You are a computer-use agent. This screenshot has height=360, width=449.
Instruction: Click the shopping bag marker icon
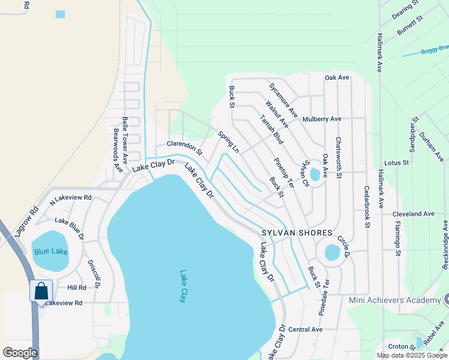(x=41, y=292)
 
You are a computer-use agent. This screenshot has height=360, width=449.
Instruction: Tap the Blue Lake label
(x=50, y=251)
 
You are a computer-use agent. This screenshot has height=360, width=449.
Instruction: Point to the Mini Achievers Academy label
(x=395, y=300)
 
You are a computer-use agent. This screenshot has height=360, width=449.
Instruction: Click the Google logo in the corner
(x=20, y=352)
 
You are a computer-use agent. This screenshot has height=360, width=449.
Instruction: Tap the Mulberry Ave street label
(x=322, y=119)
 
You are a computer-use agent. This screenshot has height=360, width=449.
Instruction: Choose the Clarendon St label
(x=184, y=145)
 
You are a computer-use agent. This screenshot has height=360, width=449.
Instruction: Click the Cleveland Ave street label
(x=413, y=214)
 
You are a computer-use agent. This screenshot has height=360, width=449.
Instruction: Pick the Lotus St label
(x=396, y=163)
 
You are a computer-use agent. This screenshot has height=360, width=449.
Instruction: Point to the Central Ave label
(x=306, y=329)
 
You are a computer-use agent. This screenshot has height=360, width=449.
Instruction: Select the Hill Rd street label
(x=77, y=288)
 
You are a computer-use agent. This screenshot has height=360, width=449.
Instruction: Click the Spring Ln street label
(x=229, y=142)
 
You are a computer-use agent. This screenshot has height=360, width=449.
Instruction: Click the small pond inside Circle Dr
(x=332, y=252)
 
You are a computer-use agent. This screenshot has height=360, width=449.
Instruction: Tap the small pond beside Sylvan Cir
(x=315, y=175)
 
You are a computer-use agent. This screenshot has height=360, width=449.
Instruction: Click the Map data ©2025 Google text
(x=412, y=355)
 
